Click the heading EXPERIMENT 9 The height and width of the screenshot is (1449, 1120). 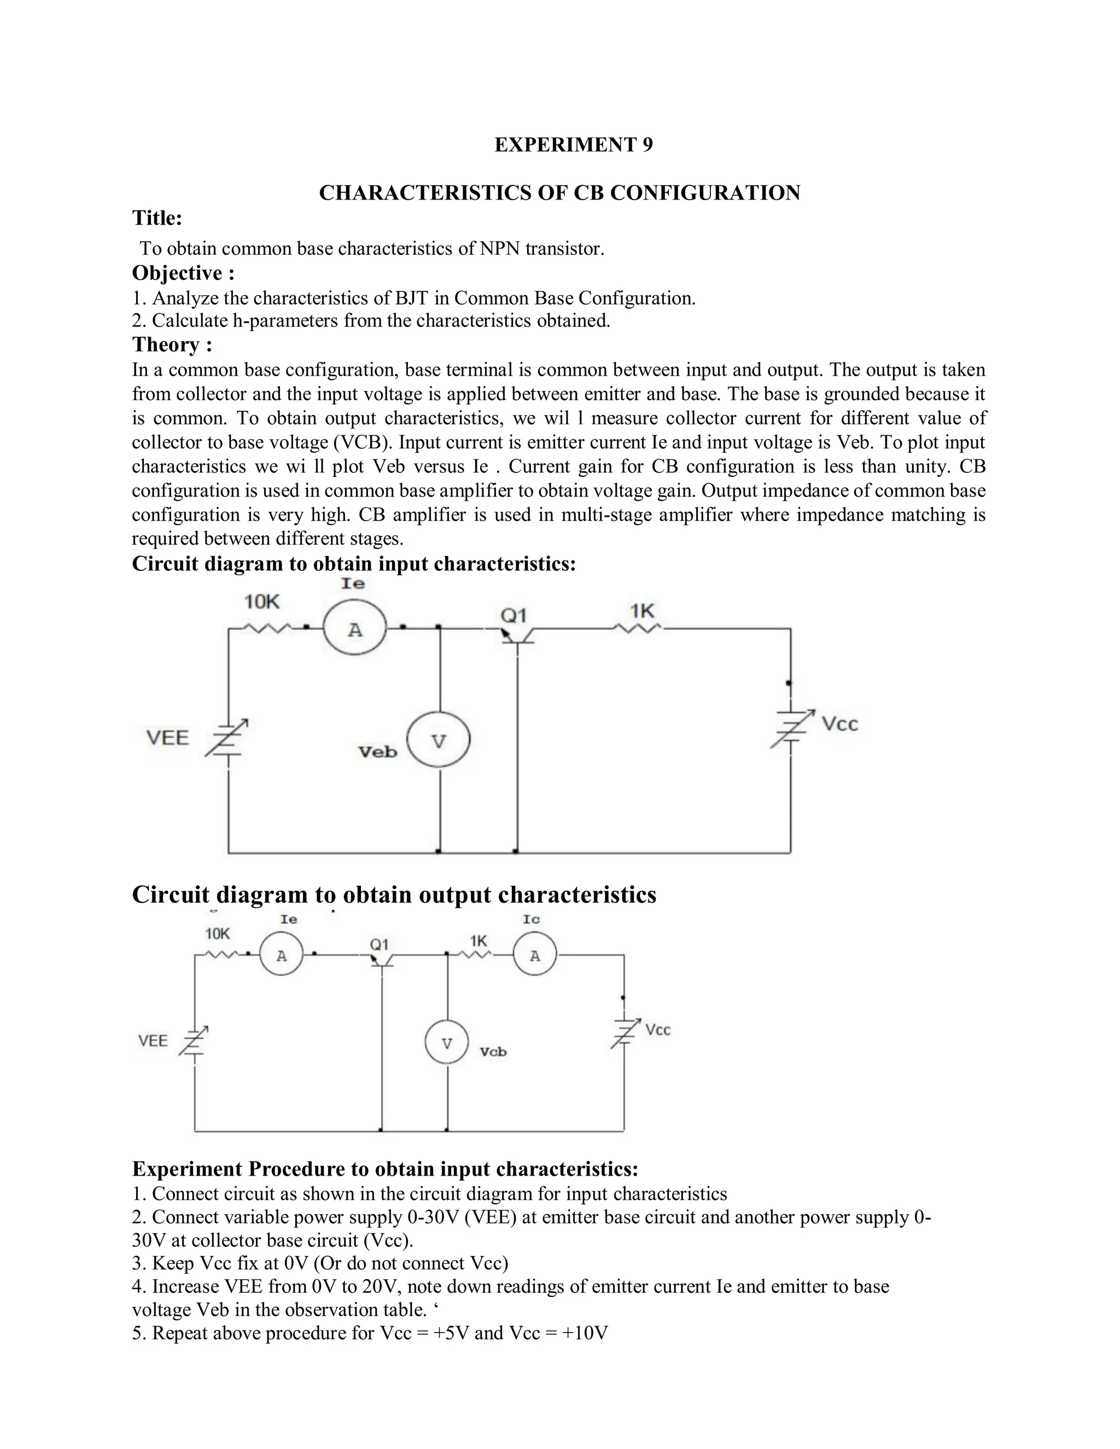tap(573, 145)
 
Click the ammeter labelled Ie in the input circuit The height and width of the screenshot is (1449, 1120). tap(354, 629)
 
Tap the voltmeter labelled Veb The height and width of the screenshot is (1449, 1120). tap(438, 740)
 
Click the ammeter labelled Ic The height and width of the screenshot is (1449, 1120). tap(535, 956)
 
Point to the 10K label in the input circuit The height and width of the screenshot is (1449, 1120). tap(261, 602)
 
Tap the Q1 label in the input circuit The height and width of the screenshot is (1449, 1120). tap(513, 616)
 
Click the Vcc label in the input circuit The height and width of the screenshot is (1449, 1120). tap(839, 724)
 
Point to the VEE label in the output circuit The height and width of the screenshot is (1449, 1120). tap(153, 1041)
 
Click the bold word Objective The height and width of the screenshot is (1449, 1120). tap(177, 273)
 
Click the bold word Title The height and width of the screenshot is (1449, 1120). tap(156, 218)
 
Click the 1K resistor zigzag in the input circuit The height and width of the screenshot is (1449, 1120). tap(635, 628)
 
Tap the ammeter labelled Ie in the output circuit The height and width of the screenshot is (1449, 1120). tap(281, 956)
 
